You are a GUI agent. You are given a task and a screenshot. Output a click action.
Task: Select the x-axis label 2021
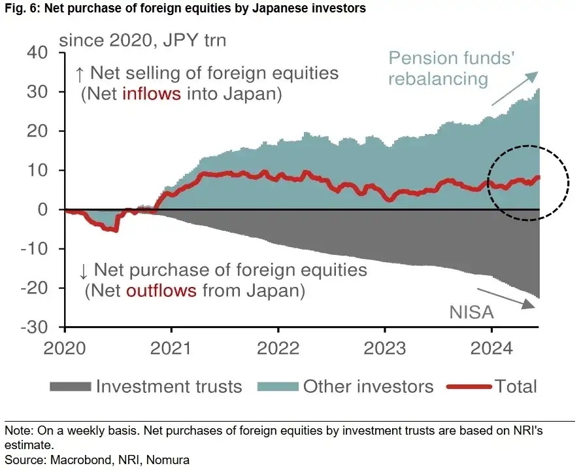(x=172, y=347)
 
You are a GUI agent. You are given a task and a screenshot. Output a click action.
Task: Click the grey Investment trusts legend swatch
(x=69, y=387)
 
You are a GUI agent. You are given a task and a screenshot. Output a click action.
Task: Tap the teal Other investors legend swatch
(x=276, y=387)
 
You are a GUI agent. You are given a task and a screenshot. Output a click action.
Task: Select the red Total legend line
(x=468, y=387)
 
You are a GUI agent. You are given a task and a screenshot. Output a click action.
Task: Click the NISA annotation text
(x=471, y=312)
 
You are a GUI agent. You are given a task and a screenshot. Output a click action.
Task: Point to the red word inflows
(x=151, y=94)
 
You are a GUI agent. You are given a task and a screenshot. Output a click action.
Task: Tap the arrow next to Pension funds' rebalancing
(x=514, y=88)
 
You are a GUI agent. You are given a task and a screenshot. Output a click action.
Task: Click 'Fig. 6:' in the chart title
(x=19, y=8)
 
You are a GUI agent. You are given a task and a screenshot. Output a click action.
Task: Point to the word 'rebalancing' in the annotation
(x=438, y=79)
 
